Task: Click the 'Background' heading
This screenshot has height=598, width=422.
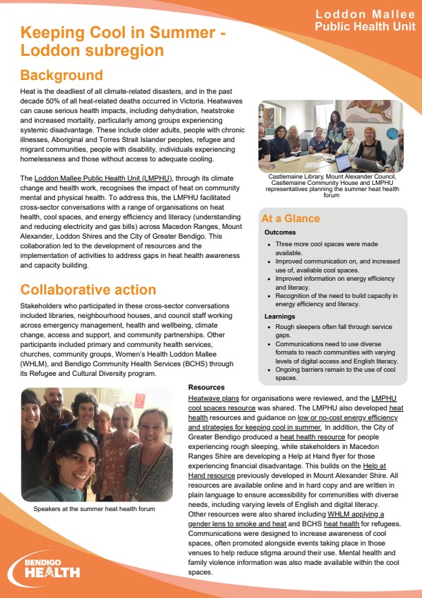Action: click(61, 75)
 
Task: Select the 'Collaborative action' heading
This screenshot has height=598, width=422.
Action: click(88, 290)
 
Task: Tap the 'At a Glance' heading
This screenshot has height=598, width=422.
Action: click(290, 219)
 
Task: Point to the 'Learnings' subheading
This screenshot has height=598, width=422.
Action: click(280, 316)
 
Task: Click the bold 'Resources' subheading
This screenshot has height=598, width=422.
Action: click(205, 388)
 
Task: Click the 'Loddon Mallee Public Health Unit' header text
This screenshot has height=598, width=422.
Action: click(365, 21)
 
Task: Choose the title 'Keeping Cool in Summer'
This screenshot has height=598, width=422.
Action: click(124, 32)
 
